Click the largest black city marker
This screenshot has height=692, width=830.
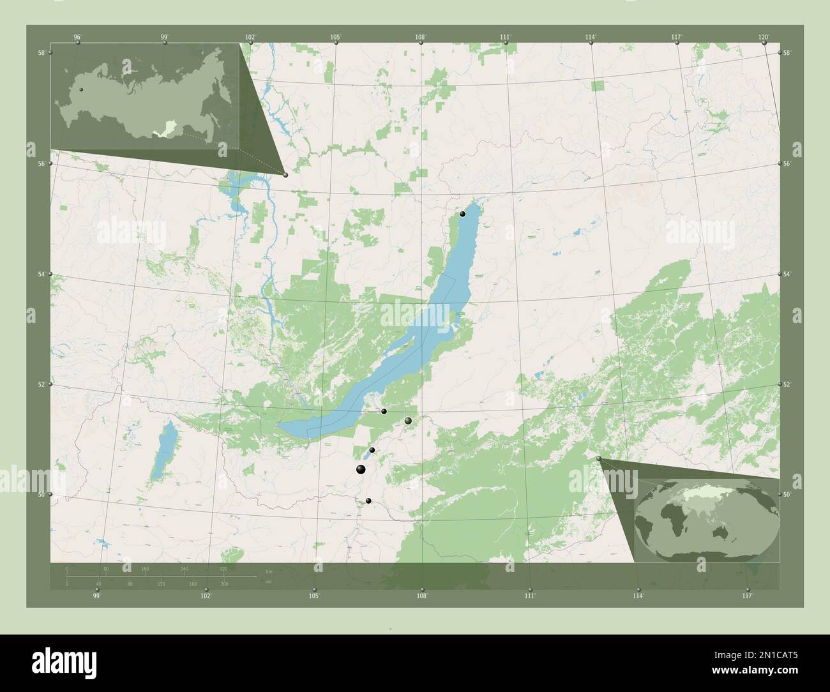tap(361, 470)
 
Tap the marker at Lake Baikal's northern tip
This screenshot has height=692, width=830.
tap(463, 214)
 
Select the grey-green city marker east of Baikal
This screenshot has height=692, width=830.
tap(408, 421)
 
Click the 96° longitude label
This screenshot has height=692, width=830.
tap(77, 37)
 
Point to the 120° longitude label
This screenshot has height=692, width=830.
tap(764, 37)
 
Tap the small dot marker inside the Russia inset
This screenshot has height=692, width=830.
tap(81, 90)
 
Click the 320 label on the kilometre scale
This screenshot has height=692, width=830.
tap(223, 568)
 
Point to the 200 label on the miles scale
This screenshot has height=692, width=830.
tap(223, 584)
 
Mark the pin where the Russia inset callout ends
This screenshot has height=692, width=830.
tap(285, 175)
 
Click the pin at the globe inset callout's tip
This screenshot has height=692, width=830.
tap(598, 459)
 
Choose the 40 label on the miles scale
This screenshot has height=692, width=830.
tap(98, 584)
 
